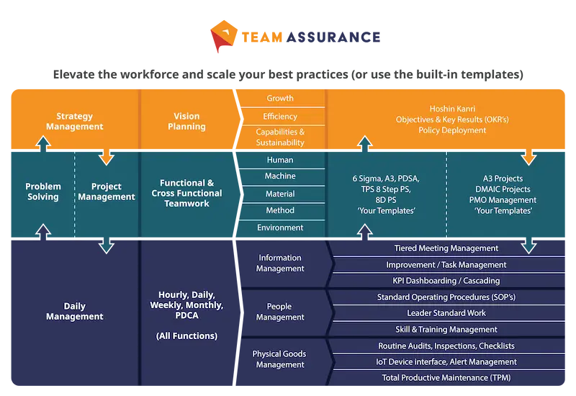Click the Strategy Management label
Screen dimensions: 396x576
(x=74, y=121)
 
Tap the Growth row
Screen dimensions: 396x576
(x=280, y=99)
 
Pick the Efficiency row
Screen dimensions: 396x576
(x=280, y=117)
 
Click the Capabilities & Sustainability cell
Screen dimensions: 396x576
(x=280, y=137)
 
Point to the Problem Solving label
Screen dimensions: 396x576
(x=43, y=192)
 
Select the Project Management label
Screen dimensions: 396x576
(x=107, y=192)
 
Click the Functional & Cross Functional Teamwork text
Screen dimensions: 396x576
(x=186, y=194)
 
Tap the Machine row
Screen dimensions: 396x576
(x=280, y=176)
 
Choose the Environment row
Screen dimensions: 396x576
(x=280, y=228)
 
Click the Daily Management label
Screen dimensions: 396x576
(x=74, y=311)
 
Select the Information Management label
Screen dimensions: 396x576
(x=280, y=263)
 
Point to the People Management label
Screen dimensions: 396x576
(x=280, y=312)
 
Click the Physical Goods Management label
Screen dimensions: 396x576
(x=280, y=359)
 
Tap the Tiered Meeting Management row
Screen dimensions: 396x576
(x=446, y=248)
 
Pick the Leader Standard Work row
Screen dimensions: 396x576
(x=446, y=313)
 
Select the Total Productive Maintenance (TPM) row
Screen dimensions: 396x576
(x=446, y=377)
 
